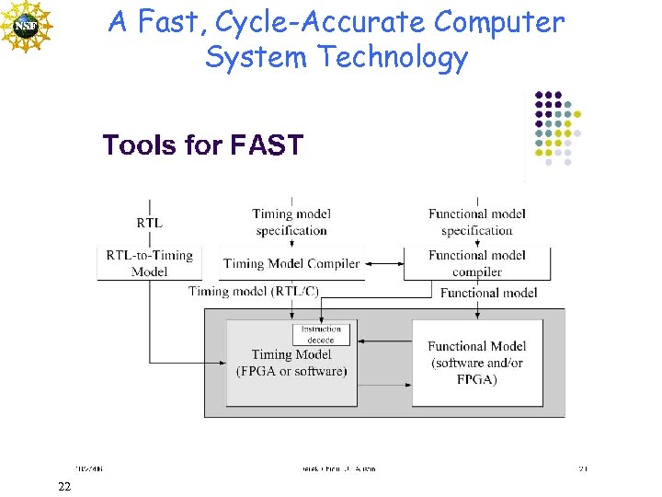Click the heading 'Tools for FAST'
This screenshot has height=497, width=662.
[202, 145]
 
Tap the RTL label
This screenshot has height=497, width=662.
[149, 223]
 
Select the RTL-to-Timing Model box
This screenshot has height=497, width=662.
[149, 263]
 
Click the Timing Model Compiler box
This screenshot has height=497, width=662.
[291, 263]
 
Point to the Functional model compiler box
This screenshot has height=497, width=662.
[477, 263]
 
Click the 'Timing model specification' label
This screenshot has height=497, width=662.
[291, 222]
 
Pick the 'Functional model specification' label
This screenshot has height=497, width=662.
[476, 222]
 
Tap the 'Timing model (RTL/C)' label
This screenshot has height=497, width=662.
[254, 291]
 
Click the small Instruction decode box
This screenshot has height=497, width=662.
[321, 334]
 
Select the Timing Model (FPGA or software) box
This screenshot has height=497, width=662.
[291, 368]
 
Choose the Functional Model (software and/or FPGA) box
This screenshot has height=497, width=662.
[476, 363]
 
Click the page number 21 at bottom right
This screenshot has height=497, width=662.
[582, 468]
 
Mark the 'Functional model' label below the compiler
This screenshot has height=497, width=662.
[489, 293]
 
